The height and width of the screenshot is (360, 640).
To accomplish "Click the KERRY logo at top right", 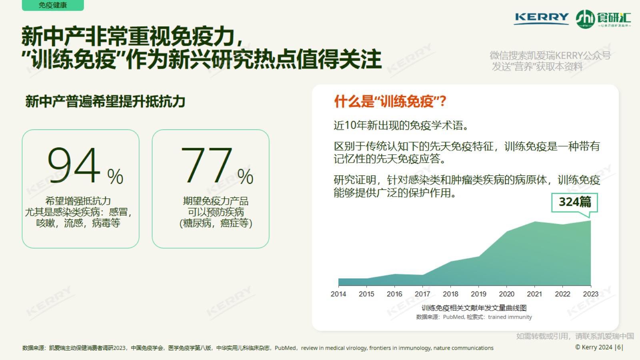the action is [x=542, y=18].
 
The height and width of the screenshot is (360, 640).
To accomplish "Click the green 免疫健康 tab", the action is [x=53, y=5].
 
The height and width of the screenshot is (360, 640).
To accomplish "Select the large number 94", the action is [x=74, y=165].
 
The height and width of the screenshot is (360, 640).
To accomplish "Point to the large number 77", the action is [x=206, y=165].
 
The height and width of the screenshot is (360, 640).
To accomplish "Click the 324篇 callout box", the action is [x=574, y=202].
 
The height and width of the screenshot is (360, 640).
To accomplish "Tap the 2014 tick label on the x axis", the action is [x=338, y=294].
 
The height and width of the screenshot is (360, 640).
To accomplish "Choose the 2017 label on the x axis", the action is [x=422, y=294].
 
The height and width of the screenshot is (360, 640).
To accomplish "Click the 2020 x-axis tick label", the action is [x=506, y=294].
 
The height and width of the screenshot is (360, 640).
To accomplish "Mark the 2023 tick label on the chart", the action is [x=590, y=294].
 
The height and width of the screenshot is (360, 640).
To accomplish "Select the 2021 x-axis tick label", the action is [x=534, y=294].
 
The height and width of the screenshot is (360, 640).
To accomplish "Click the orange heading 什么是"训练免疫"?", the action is [x=390, y=102].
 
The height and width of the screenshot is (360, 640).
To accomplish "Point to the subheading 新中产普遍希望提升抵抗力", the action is [x=105, y=102].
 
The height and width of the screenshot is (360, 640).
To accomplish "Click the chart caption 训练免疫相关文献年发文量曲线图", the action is [x=474, y=308].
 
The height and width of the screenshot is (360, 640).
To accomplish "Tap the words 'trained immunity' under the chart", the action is [x=510, y=317].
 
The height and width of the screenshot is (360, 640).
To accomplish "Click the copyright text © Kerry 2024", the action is [x=594, y=347].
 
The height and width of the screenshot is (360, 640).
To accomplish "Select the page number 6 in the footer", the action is [x=619, y=347].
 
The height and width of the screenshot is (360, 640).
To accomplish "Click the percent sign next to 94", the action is [x=115, y=176].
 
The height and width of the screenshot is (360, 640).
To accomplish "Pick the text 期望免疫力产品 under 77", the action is [x=216, y=201].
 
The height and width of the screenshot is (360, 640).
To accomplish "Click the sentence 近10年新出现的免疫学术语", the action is [x=401, y=126].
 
